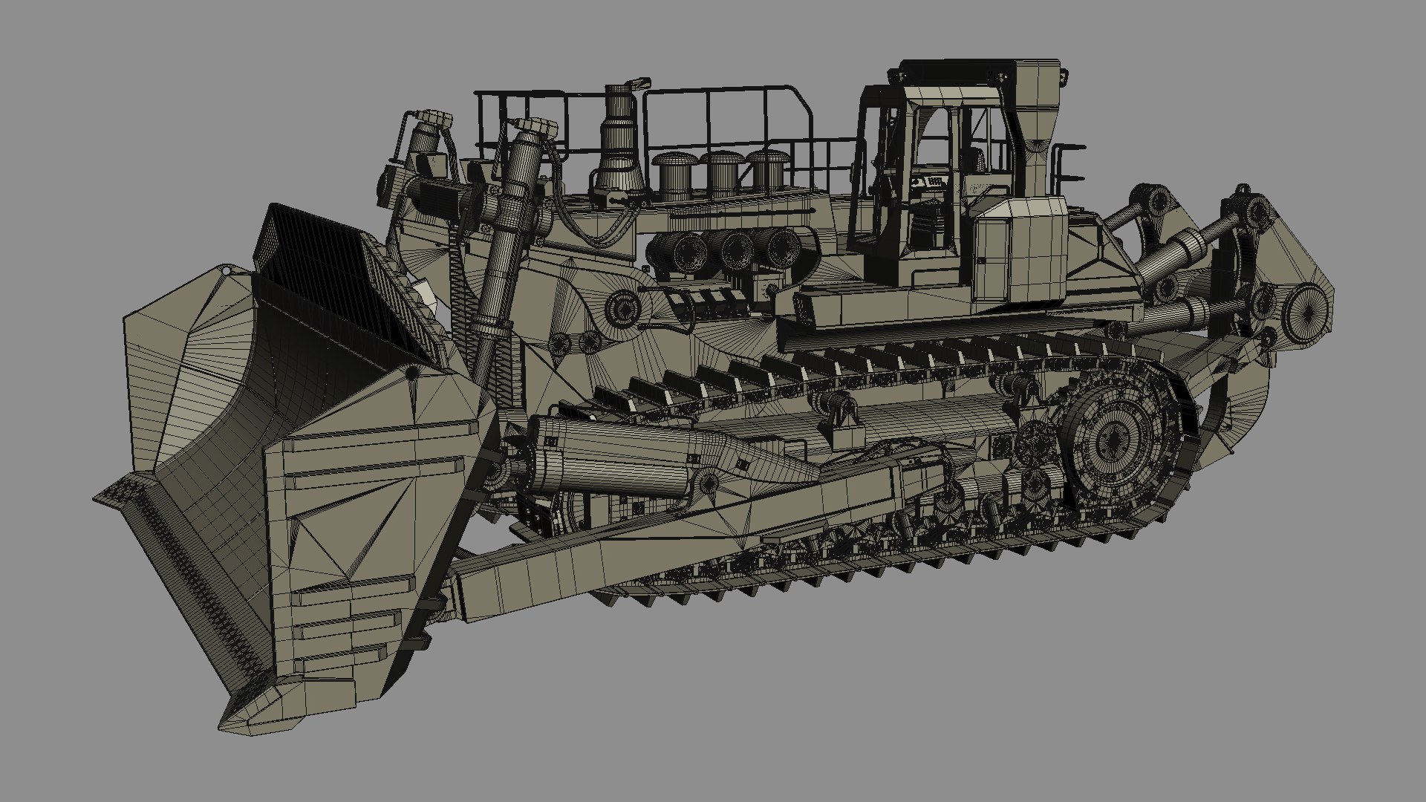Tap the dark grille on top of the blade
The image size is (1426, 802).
(x=312, y=245)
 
